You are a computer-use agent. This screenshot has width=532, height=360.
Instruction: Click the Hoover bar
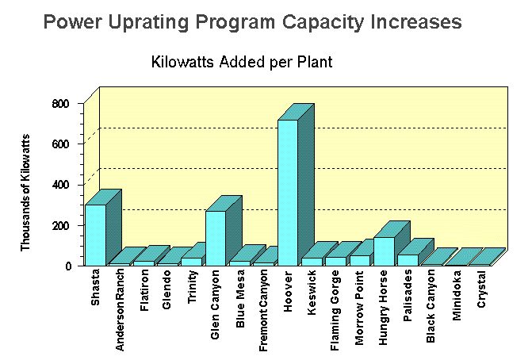(287, 192)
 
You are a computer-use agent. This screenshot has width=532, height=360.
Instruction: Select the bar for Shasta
(95, 235)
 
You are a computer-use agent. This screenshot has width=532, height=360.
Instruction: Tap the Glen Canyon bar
(215, 237)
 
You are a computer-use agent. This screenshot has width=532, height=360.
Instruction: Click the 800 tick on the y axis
(62, 104)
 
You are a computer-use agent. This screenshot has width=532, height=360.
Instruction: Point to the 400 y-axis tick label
(62, 185)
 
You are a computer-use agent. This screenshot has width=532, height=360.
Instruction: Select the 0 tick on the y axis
(67, 266)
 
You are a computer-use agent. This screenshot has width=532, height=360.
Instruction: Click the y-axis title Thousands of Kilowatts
(25, 193)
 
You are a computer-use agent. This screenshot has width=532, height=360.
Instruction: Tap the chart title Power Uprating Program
(252, 22)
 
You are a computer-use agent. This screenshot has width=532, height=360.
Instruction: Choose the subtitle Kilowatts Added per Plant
(241, 61)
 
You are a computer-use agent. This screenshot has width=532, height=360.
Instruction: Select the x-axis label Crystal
(481, 291)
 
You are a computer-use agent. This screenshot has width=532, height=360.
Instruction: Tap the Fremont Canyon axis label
(264, 312)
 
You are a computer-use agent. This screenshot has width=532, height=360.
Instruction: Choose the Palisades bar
(408, 259)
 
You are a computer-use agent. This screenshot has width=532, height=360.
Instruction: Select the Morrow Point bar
(359, 260)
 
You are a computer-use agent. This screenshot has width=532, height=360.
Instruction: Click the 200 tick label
(62, 225)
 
